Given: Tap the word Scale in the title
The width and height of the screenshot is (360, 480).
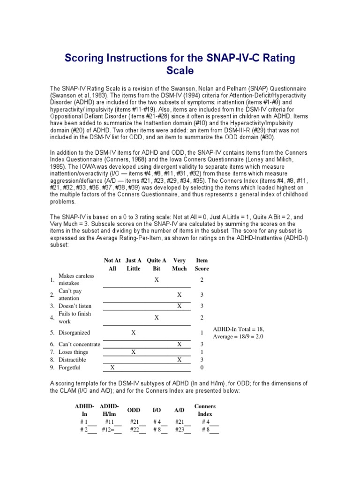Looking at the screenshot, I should [180, 71].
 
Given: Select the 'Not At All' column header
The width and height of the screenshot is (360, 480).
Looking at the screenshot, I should [112, 264].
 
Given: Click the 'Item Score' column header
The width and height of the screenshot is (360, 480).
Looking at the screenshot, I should [202, 264].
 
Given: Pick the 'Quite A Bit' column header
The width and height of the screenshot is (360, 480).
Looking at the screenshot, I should [157, 264].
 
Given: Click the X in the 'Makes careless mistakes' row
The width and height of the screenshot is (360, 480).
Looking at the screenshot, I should [157, 279].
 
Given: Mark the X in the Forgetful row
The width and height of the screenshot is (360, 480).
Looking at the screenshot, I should [112, 367].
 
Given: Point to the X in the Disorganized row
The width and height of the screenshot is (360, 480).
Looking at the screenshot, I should [134, 332].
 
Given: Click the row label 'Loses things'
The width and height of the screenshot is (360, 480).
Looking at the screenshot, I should [73, 352].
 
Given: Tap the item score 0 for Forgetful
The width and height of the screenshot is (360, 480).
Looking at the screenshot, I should [202, 367].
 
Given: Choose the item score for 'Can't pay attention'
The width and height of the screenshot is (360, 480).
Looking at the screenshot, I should [202, 294].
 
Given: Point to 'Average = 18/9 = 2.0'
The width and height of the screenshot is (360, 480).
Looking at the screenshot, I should [238, 337].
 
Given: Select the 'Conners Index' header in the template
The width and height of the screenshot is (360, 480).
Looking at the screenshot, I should [205, 410].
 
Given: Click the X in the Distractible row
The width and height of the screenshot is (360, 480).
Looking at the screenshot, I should [179, 360].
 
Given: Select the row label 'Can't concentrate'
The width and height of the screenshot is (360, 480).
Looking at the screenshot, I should [79, 344].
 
